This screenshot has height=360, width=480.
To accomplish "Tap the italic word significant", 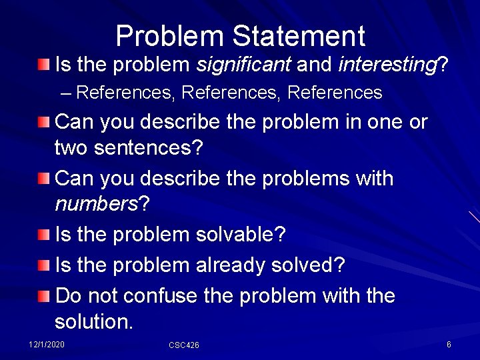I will pyautogui.click(x=243, y=65).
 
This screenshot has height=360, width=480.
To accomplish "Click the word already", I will pyautogui.click(x=231, y=265).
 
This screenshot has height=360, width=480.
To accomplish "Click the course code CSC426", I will pyautogui.click(x=184, y=345).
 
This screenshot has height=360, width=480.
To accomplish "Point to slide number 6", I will pyautogui.click(x=449, y=344).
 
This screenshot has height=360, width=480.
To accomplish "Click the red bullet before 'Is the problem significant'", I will pyautogui.click(x=43, y=65).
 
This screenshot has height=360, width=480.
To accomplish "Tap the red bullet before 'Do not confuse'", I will pyautogui.click(x=43, y=296).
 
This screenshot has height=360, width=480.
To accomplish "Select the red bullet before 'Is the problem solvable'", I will pyautogui.click(x=43, y=235).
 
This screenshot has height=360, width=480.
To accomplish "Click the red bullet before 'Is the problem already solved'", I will pyautogui.click(x=43, y=266).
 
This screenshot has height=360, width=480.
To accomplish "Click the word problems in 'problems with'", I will pyautogui.click(x=293, y=179).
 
